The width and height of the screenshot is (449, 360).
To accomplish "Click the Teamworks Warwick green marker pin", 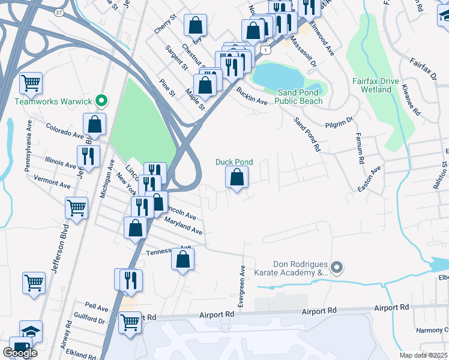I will click(101, 101).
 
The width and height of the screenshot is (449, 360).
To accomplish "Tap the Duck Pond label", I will click(234, 162).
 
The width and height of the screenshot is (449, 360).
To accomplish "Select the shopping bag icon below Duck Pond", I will click(237, 178).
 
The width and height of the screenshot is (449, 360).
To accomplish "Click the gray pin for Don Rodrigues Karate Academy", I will click(337, 267).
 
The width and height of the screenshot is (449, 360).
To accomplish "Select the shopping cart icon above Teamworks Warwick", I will click(31, 83).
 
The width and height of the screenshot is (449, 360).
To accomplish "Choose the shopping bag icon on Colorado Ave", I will click(95, 124).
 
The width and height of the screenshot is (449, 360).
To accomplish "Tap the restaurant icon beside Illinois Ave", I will click(89, 156).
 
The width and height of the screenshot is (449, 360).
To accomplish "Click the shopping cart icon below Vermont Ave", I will click(77, 209).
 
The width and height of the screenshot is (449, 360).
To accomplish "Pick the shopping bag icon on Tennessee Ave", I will click(183, 259).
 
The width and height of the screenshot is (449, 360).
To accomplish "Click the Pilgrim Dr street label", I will click(340, 123).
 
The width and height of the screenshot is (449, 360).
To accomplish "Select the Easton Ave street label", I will click(369, 179).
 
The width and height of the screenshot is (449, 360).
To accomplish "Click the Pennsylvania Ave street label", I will click(28, 146).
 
